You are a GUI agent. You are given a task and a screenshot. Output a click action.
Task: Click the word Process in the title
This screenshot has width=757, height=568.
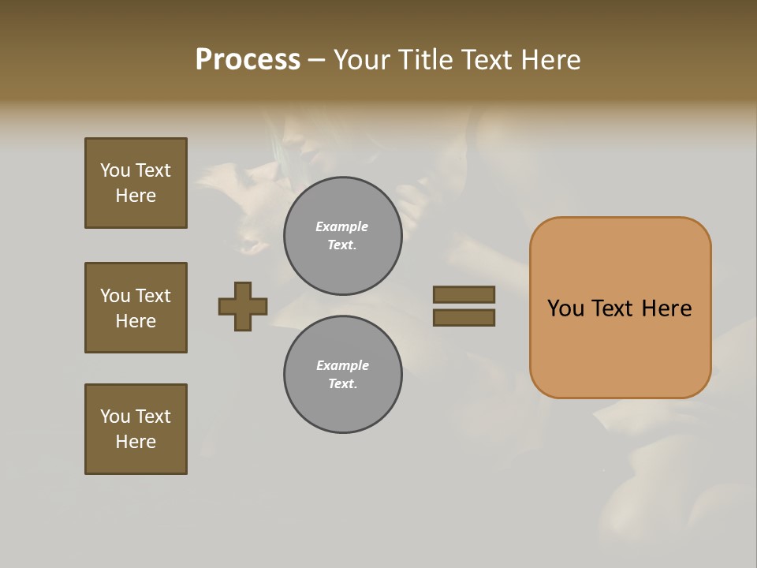[248, 60]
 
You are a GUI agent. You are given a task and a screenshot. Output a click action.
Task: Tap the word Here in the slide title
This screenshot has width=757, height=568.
[548, 60]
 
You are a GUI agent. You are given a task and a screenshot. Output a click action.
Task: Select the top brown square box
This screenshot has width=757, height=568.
[136, 183]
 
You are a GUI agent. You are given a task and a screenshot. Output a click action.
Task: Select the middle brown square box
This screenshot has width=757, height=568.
[136, 308]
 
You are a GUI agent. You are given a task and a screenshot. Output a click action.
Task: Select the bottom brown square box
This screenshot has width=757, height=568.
[136, 429]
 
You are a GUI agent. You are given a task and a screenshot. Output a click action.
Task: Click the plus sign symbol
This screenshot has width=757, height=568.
[243, 306]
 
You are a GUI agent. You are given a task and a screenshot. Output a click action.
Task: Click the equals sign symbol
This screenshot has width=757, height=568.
[464, 306]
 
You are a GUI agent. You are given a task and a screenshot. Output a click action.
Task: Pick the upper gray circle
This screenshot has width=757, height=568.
[343, 236]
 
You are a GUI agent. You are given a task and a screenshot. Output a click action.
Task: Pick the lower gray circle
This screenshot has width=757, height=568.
[343, 375]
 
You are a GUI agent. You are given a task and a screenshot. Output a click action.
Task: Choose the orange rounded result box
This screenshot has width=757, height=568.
[620, 308]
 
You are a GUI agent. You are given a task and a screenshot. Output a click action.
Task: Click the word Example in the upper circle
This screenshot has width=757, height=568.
[342, 226]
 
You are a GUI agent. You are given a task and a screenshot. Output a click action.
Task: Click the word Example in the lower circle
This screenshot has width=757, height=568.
[342, 365]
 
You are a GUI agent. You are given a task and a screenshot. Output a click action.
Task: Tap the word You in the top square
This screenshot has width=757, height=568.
[115, 170]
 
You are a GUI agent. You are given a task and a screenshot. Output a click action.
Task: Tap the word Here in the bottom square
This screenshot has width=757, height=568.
[136, 442]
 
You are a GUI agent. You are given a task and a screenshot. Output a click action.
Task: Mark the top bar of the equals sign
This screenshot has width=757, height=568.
[464, 294]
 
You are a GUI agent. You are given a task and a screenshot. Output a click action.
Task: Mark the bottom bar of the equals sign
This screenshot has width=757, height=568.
[464, 318]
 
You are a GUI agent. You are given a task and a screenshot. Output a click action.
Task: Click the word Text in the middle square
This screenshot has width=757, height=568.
[153, 296]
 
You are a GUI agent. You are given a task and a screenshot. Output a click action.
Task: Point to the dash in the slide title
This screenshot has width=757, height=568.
[317, 61]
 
